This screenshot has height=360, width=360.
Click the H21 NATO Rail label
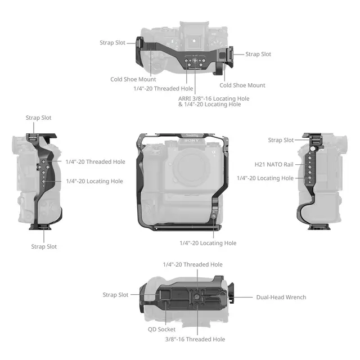pos(274,164)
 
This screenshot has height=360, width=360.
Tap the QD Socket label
pos(161,330)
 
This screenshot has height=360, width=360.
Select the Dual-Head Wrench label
pos(281,298)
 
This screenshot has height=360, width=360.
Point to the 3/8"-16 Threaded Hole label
pos(195,339)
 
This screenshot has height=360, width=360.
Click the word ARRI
pos(184,99)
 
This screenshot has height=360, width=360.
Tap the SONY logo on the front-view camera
pos(192,141)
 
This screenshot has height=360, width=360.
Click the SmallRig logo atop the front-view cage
pos(192,135)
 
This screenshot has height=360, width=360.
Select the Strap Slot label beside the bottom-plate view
pos(115,295)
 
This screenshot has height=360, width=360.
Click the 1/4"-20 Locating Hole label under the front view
pos(208,243)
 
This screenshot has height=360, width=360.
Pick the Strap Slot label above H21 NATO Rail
pos(281,140)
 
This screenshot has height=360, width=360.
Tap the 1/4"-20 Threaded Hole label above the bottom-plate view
pos(192,264)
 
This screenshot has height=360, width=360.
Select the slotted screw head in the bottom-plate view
pos(197,297)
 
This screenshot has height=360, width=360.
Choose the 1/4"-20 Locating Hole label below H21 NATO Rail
pos(265,178)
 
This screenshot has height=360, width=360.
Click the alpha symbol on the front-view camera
pos(214,152)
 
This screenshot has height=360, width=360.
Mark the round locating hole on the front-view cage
pos(214,216)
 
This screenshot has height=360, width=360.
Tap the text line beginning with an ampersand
pos(210,105)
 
